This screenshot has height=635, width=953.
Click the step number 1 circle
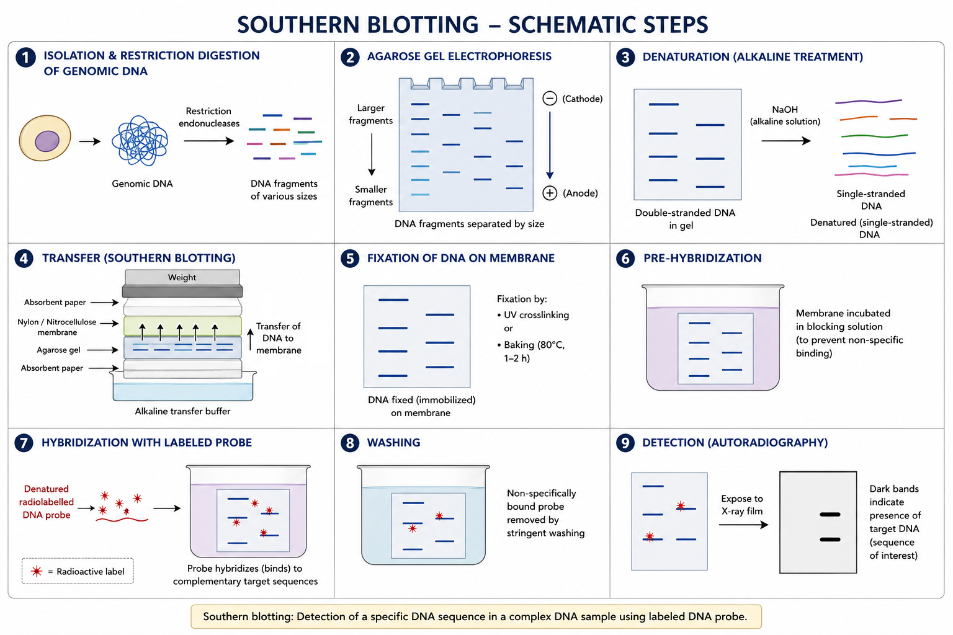point(25,58)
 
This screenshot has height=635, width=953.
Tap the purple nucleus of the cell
point(47,141)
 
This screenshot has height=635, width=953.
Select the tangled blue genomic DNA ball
point(140,141)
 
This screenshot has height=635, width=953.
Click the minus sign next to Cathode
point(550,99)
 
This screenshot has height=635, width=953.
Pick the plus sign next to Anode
point(550,193)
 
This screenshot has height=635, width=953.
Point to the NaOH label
point(785,110)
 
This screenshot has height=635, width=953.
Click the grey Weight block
point(182,278)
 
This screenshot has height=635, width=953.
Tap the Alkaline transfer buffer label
point(182,411)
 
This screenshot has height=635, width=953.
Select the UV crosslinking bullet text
point(536,315)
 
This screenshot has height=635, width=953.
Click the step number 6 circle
point(625,259)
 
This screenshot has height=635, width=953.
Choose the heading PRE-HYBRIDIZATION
point(702,259)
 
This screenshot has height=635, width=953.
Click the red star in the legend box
point(37,571)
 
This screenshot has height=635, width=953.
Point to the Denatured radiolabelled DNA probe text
point(47,502)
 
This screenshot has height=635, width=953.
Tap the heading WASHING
point(393,443)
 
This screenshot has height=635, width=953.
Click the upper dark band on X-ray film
point(830,515)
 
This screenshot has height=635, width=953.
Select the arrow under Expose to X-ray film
point(743,525)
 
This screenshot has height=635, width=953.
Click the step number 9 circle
point(625,443)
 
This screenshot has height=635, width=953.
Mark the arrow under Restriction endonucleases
point(208,141)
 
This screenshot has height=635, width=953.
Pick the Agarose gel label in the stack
point(58,350)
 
